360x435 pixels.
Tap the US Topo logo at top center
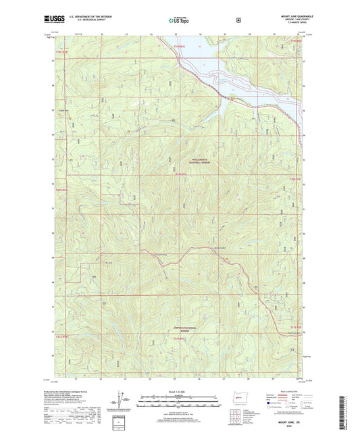(180, 20)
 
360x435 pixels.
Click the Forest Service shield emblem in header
(238, 19)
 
